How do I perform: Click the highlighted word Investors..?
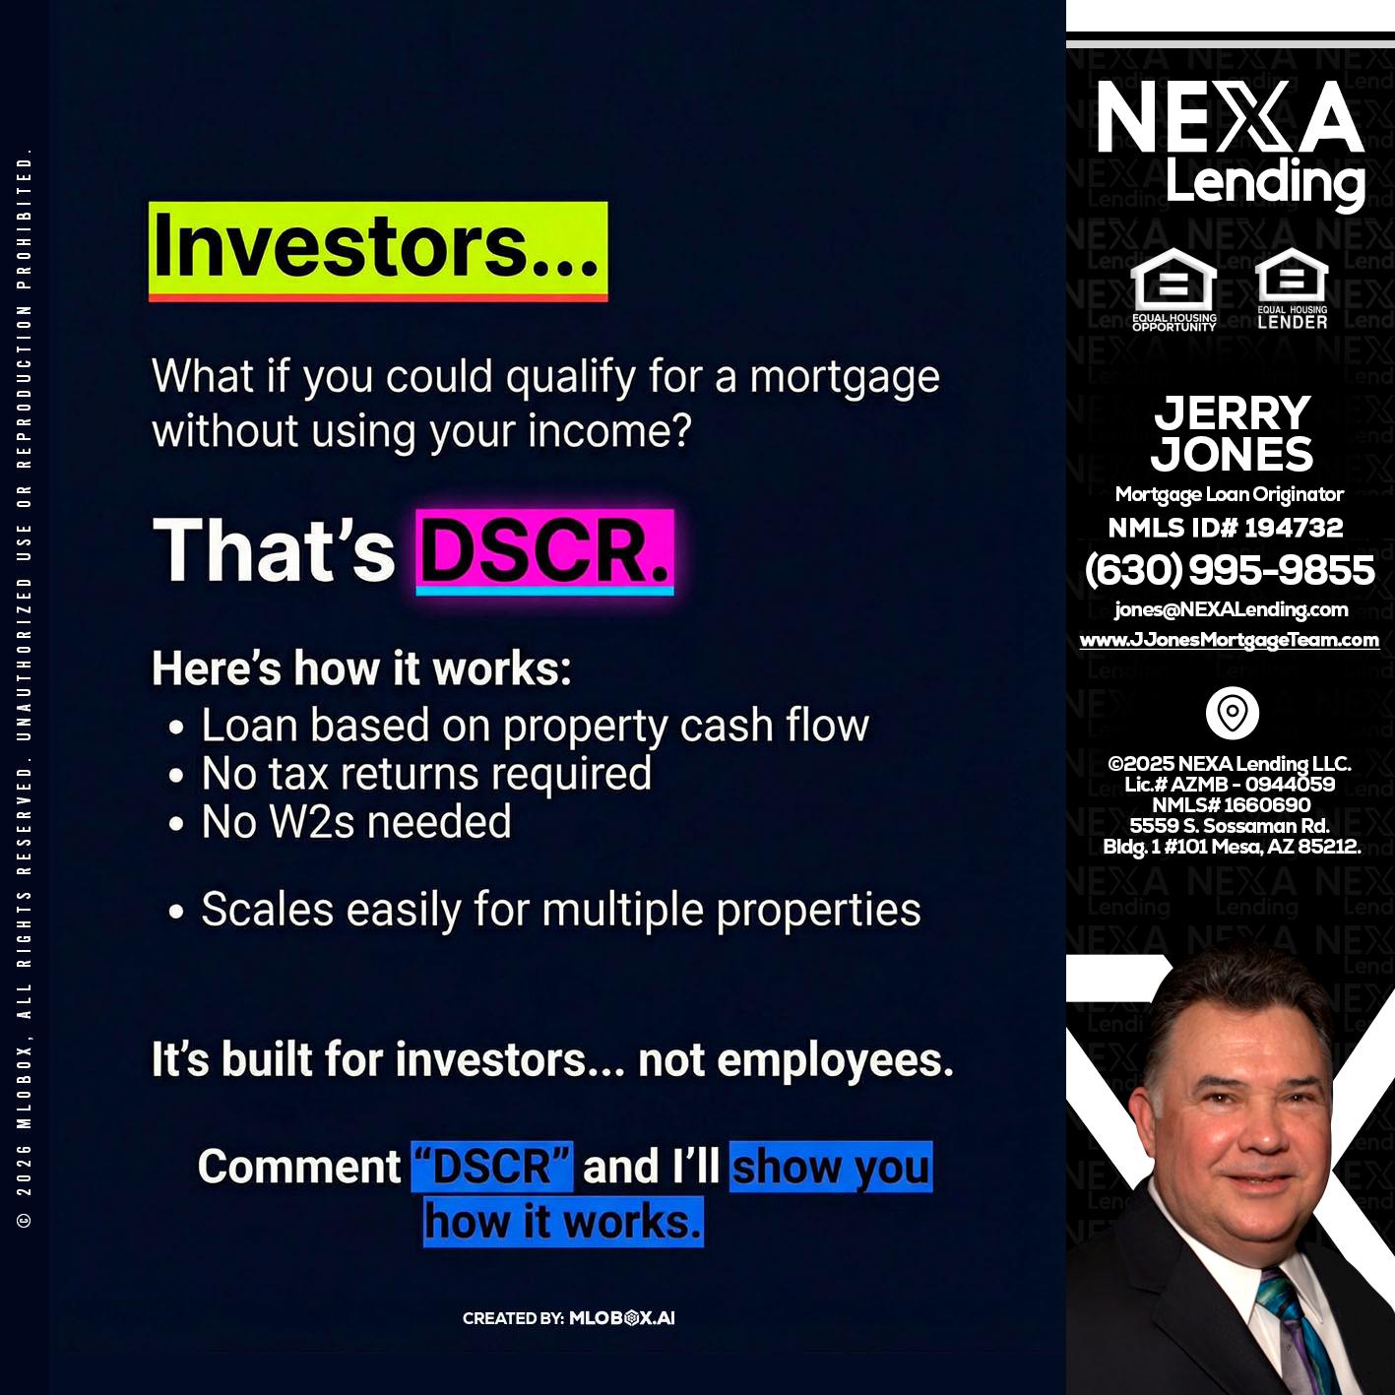[377, 249]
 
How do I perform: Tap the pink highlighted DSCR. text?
[544, 551]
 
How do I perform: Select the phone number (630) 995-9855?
[1230, 570]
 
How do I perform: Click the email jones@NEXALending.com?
[1231, 609]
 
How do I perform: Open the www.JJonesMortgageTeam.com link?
[1230, 640]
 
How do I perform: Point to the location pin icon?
[1232, 713]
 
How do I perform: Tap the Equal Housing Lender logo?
[1292, 287]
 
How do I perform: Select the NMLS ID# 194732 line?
[1226, 528]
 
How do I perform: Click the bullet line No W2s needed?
[356, 822]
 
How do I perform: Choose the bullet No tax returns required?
[426, 774]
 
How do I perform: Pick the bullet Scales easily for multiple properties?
[560, 910]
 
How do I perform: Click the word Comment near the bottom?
[299, 1167]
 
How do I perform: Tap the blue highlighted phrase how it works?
[563, 1222]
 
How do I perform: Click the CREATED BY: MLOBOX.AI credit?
[569, 1318]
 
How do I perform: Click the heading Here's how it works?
[361, 669]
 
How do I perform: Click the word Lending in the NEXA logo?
[1265, 182]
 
